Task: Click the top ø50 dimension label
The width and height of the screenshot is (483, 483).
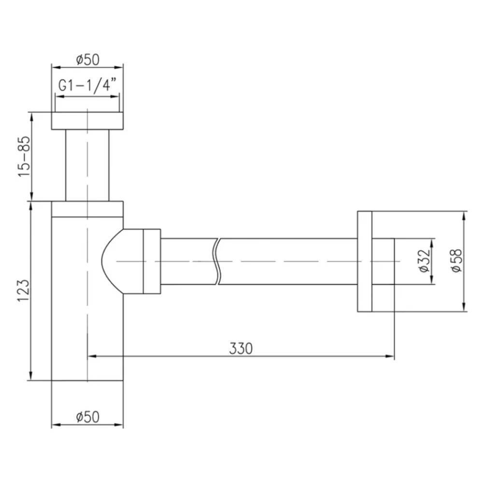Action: pos(88,59)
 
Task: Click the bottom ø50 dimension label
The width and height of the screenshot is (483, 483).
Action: pos(88,417)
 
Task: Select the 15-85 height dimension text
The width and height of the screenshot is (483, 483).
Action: pos(25,156)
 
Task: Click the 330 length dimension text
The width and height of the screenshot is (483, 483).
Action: pos(241,348)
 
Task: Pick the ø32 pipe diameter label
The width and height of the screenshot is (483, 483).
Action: pos(425,261)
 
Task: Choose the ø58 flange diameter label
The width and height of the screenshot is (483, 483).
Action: pos(456,260)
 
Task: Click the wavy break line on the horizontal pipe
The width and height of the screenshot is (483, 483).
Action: pos(217,261)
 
